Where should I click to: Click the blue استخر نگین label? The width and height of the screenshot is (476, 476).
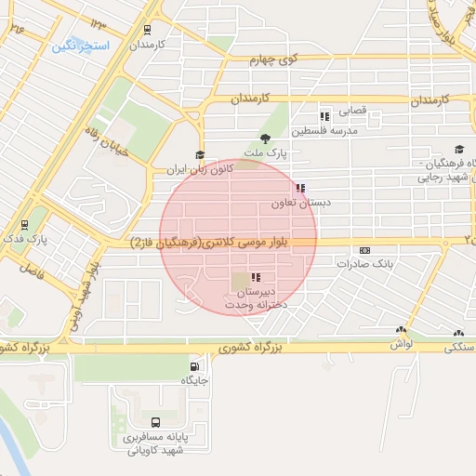(81, 45)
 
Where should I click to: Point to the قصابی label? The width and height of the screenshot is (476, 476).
(351, 111)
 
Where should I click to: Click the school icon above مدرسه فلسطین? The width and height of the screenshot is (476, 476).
(324, 116)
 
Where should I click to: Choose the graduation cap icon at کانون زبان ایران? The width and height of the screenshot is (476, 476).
(199, 156)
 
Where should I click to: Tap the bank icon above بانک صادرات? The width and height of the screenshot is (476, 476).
(364, 250)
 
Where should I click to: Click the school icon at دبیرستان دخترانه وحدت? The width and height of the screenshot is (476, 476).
(255, 277)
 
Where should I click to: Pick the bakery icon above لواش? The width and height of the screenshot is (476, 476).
(401, 330)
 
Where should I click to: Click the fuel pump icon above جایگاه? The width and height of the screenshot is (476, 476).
(194, 365)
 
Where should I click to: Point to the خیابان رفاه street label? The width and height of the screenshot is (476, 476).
(99, 145)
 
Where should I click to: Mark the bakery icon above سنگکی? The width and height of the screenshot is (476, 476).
(458, 332)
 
